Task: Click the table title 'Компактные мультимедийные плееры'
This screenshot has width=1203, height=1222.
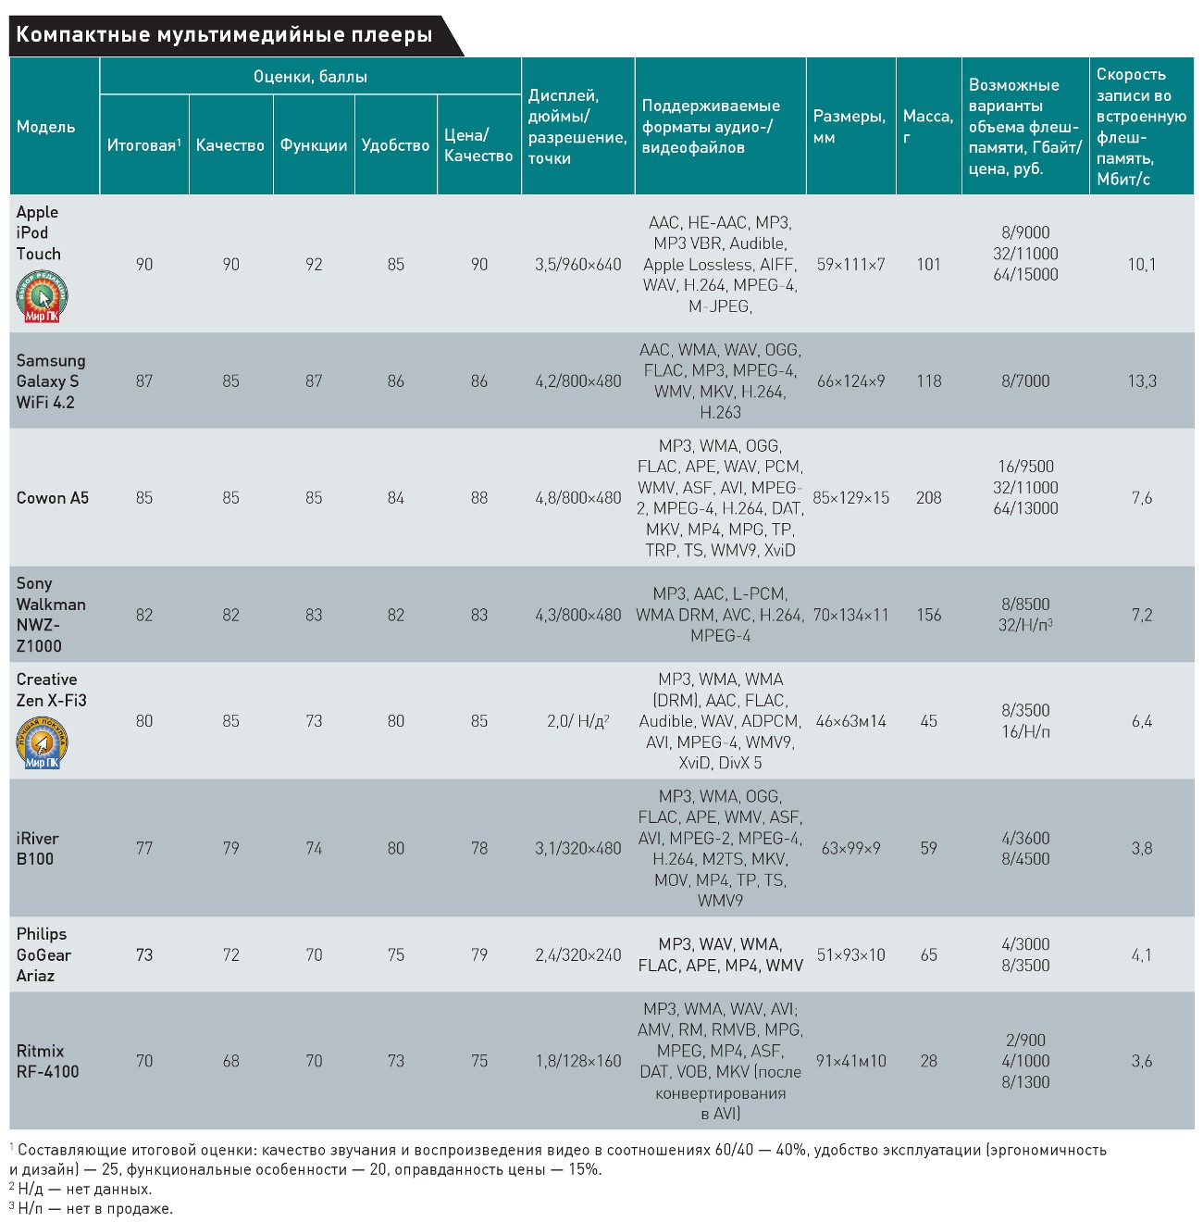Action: (224, 35)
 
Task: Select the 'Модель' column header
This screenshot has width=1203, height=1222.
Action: (45, 127)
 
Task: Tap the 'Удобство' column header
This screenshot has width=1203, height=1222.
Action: (395, 145)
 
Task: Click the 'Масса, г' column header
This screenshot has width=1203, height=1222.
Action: (927, 127)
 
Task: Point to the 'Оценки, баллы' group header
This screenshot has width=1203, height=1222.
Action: (310, 77)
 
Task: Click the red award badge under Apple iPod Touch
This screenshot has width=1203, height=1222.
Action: (42, 297)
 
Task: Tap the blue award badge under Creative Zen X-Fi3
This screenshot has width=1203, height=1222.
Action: (42, 743)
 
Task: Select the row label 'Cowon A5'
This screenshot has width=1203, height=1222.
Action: (53, 498)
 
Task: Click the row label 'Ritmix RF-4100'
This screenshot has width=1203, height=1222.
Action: (48, 1062)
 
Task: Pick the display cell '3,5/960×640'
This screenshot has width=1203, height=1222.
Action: (577, 265)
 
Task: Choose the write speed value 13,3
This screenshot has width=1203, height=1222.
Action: (1142, 381)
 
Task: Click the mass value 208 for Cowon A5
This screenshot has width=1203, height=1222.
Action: (928, 498)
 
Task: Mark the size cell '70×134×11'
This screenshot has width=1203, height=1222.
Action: (850, 616)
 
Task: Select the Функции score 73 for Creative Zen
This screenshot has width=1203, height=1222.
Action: (314, 721)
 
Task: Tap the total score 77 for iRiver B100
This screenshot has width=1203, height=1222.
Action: (144, 848)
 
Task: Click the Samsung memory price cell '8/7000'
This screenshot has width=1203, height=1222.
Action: (1025, 381)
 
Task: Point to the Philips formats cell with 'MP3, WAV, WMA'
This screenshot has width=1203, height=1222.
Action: (720, 954)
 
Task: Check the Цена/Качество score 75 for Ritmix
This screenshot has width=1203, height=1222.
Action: (478, 1061)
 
